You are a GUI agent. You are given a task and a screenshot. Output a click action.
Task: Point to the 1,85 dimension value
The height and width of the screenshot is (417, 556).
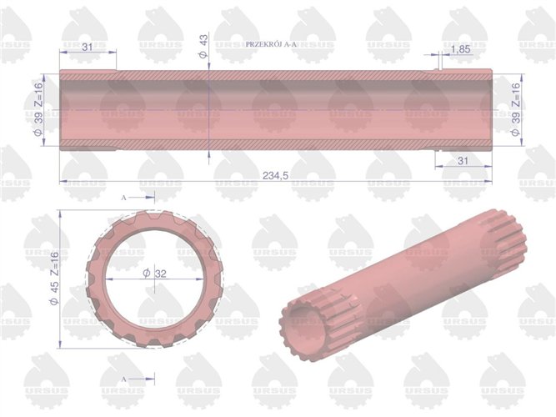pos(459,51)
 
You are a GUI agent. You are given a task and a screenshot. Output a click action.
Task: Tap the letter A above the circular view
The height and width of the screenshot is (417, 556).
pos(124,198)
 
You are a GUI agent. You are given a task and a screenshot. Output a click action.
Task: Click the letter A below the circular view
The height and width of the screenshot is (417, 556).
pos(124,379)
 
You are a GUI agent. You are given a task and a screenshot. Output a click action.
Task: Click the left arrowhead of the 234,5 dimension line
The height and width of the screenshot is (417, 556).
pos(63,179)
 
